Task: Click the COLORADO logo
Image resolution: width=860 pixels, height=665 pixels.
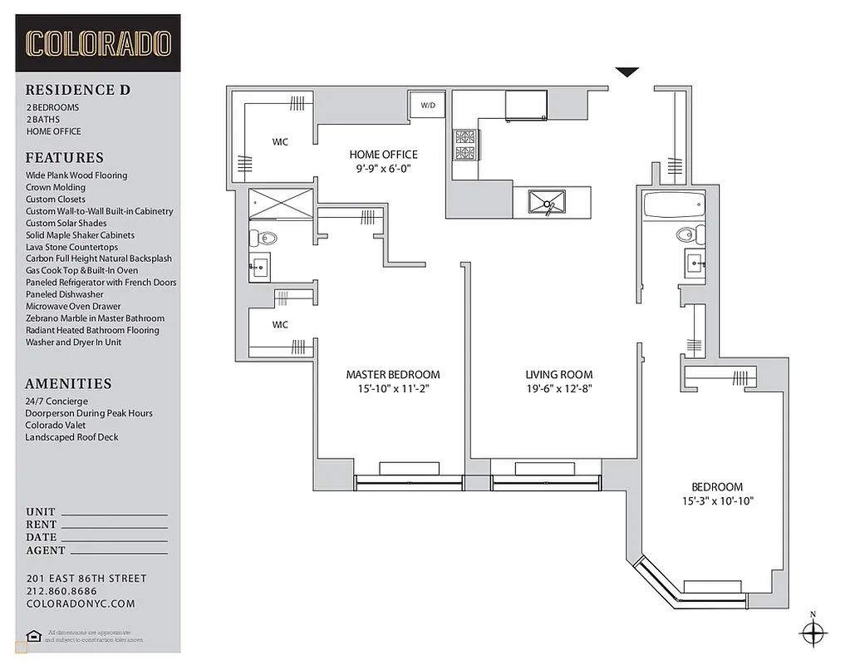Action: [98, 43]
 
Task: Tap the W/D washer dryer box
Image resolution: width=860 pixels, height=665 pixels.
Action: [428, 106]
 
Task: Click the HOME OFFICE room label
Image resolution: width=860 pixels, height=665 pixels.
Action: [383, 155]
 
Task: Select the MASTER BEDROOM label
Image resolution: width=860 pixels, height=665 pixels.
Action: [393, 375]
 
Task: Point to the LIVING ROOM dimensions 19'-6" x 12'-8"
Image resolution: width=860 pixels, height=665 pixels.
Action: [558, 389]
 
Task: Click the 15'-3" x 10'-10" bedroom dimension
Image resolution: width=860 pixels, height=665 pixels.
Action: [716, 501]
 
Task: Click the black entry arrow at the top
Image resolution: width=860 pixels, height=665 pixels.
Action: [627, 72]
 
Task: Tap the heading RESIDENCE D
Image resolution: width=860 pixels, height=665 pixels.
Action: [77, 90]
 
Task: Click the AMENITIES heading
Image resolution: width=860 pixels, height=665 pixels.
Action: [68, 384]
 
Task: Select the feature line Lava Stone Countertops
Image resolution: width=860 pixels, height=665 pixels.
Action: [71, 247]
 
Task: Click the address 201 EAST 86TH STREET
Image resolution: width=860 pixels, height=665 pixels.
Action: [86, 579]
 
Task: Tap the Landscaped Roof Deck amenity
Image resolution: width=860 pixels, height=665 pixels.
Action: [71, 436]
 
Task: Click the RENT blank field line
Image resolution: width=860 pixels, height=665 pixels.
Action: [115, 526]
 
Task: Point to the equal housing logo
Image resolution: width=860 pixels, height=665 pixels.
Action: [32, 637]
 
